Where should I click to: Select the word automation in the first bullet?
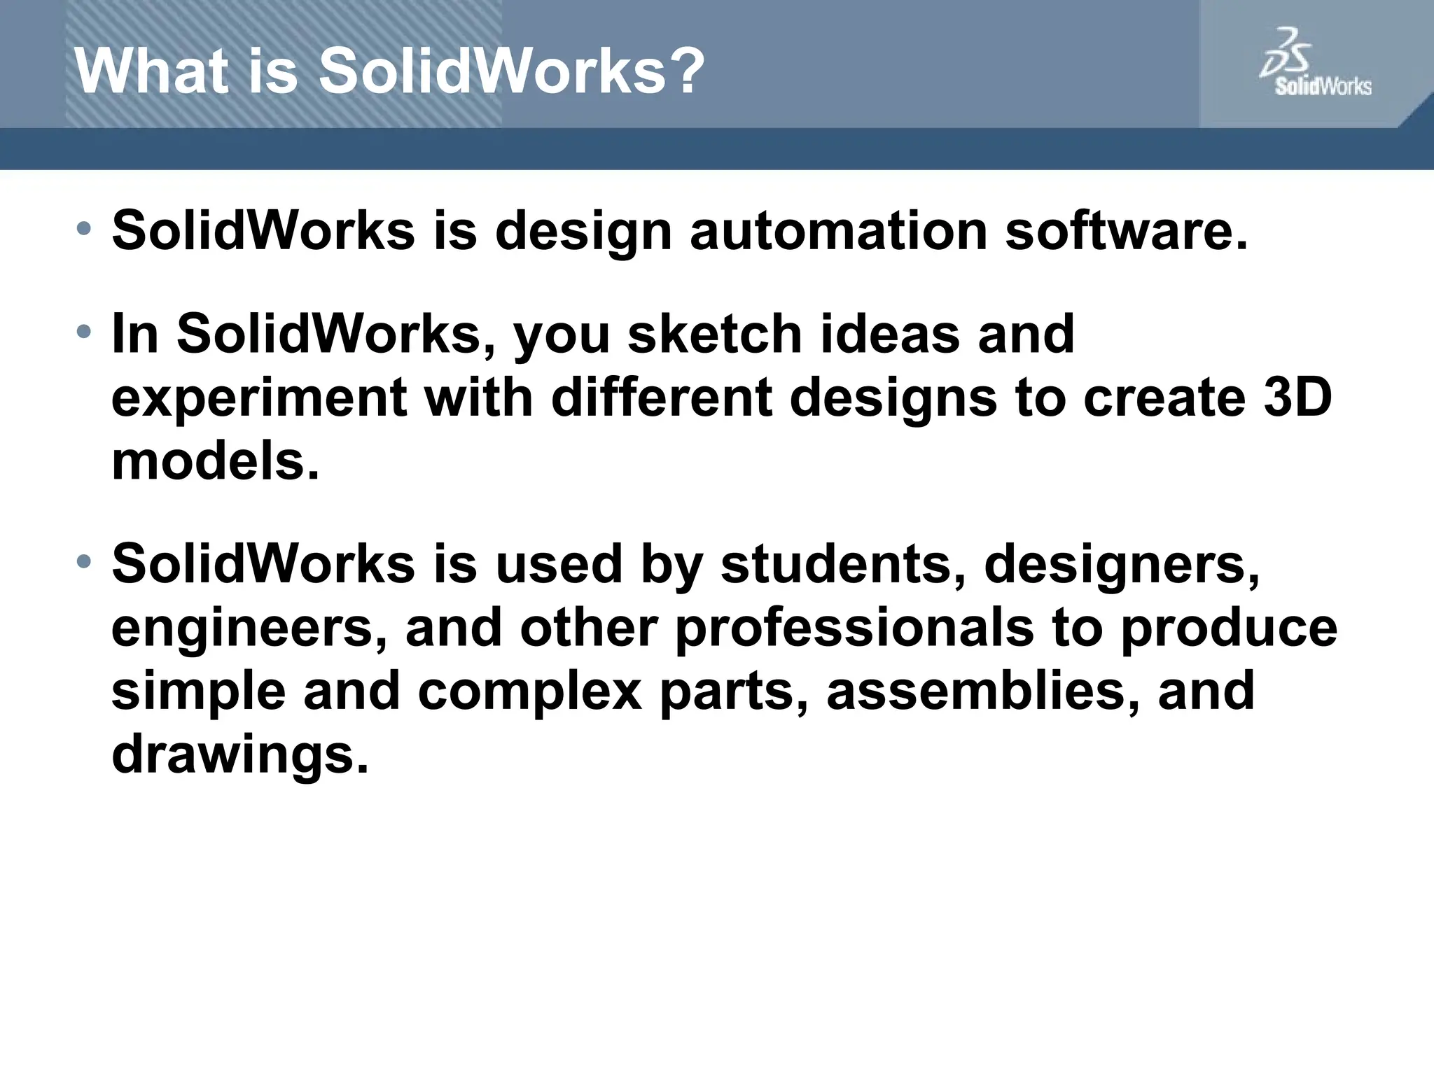point(838,232)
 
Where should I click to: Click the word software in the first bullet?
point(1126,232)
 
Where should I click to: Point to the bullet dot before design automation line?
point(84,228)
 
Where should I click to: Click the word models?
point(215,462)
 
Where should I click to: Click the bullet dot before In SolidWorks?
point(84,331)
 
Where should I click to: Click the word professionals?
point(854,628)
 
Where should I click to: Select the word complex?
point(530,691)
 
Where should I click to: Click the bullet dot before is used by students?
point(84,561)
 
